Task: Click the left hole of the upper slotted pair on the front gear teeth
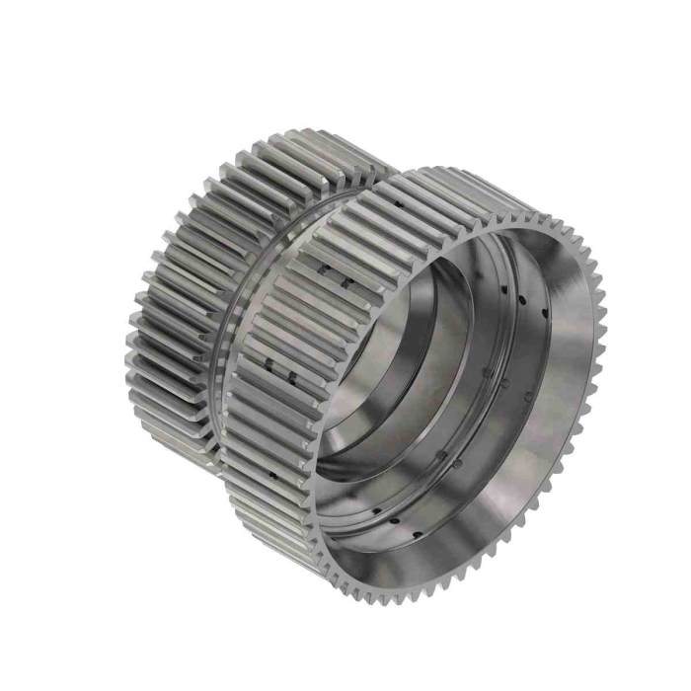pyautogui.click(x=323, y=268)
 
